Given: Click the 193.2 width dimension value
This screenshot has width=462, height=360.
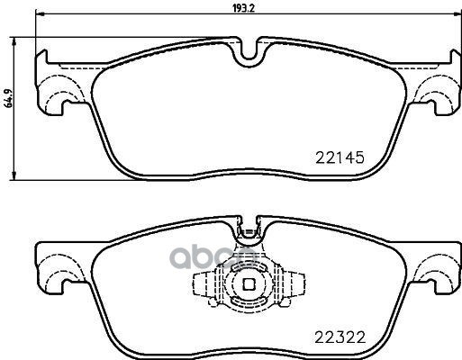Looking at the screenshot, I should [247, 7].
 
